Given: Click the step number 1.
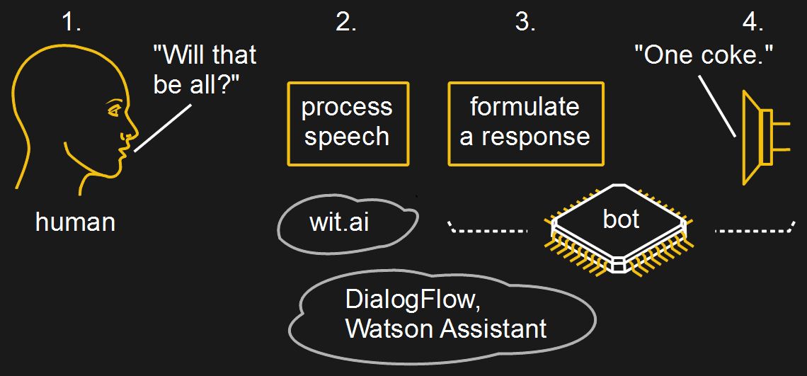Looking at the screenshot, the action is click(71, 22).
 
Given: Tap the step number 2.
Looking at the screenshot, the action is click(346, 22).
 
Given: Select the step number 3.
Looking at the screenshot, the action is click(525, 22).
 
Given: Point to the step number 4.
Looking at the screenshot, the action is click(753, 22).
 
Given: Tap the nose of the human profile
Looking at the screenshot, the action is click(134, 131).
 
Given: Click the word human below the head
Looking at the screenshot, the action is click(75, 222).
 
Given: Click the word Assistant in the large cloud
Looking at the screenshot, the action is click(493, 329).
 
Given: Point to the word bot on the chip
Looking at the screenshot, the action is click(621, 219).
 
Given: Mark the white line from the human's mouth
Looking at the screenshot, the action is click(163, 127).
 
